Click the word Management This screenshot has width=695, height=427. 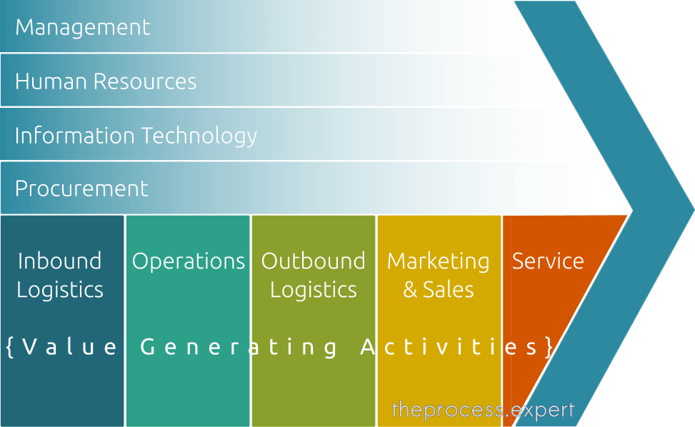[83, 27]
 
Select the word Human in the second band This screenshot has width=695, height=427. [51, 81]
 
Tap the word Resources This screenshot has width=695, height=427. [145, 81]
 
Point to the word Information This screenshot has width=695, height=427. [74, 135]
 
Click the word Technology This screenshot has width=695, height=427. [199, 136]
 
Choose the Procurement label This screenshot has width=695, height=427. [81, 189]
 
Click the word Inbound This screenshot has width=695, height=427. [60, 261]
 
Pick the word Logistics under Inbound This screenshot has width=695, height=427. [60, 291]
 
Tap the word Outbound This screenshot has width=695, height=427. [314, 261]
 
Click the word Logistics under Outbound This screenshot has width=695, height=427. [314, 291]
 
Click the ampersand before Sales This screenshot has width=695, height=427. [410, 290]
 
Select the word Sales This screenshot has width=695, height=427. [448, 290]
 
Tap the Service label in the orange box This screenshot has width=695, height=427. [548, 261]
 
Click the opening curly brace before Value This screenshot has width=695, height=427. [10, 347]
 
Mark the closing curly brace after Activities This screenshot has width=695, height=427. [549, 347]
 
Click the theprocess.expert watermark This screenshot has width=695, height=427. [483, 410]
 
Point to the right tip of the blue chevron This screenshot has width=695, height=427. [694, 209]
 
